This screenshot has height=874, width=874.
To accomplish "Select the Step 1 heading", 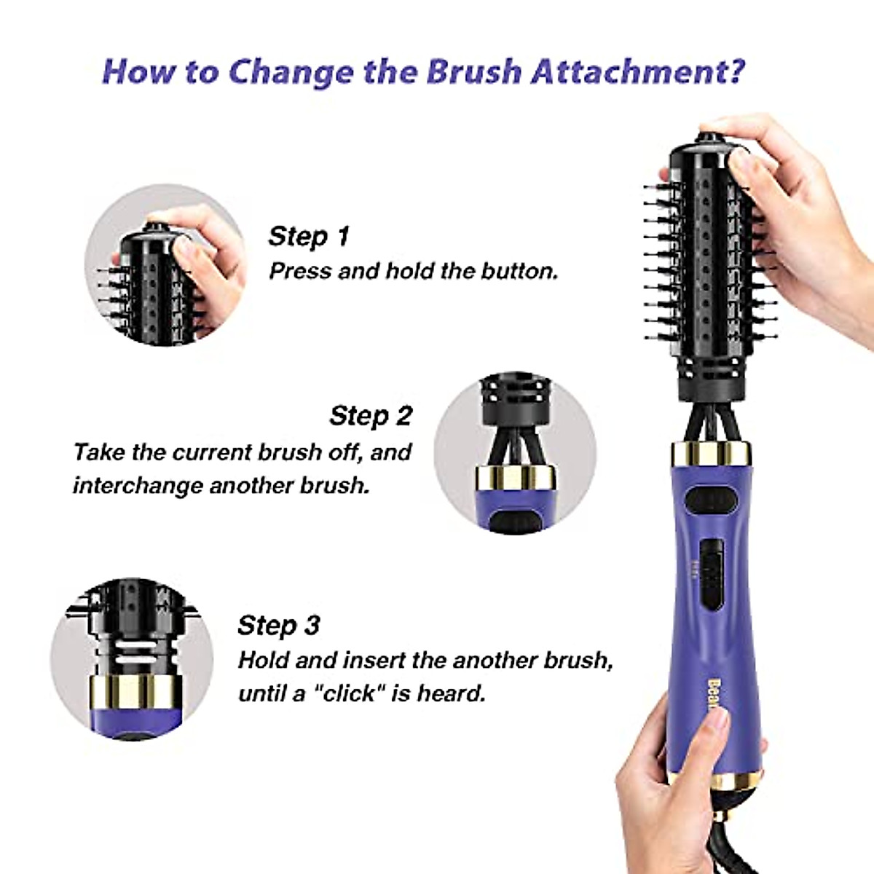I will (x=309, y=236).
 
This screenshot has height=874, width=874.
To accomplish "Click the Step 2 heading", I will (x=371, y=416).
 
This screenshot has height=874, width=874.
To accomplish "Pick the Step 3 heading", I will (x=278, y=626).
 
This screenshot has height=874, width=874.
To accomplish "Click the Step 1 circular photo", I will (x=165, y=265).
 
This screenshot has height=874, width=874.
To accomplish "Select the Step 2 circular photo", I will (x=515, y=452).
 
